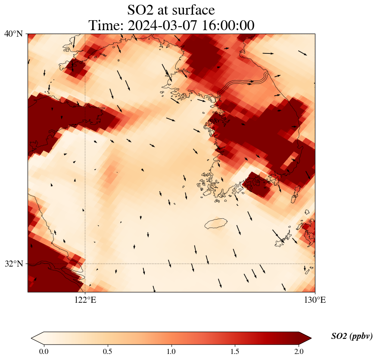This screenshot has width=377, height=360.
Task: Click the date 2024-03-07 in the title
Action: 165,25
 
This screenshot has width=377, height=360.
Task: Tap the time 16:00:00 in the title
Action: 227,25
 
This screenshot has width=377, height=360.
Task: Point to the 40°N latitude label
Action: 13,34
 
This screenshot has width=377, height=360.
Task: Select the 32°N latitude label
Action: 13,264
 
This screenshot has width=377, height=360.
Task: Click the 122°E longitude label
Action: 85,300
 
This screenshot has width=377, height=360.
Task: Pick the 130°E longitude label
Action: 315,300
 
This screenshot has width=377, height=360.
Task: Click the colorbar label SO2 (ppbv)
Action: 352,336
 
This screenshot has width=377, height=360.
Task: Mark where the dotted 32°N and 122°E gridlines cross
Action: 85,264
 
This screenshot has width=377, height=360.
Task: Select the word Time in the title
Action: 104,25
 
